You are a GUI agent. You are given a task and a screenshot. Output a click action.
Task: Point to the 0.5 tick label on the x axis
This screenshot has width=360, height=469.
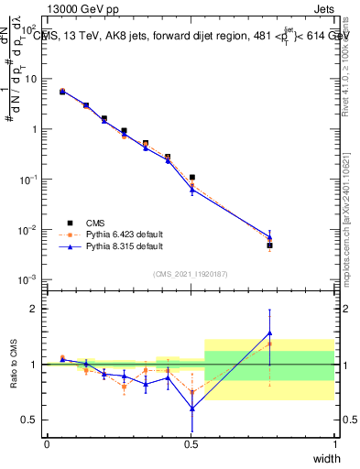[x=191, y=444]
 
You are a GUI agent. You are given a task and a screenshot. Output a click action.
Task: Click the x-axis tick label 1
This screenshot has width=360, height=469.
[x=335, y=444]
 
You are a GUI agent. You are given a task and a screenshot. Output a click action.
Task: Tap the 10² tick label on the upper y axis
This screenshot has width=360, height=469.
[x=31, y=28]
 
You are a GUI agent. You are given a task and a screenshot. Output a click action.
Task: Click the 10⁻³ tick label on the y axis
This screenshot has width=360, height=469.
[x=31, y=278]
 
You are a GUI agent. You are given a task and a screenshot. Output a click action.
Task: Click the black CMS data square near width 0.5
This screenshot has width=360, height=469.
[x=192, y=177]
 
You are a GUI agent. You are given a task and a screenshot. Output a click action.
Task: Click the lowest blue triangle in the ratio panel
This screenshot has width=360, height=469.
[x=192, y=409]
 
